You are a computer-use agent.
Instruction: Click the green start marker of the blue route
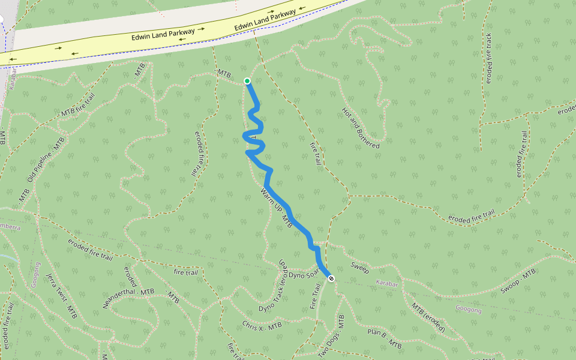247,81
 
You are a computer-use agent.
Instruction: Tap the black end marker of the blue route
331,278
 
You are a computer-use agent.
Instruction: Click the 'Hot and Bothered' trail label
360,128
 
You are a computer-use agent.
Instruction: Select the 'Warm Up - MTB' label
277,208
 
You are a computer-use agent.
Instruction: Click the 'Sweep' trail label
360,268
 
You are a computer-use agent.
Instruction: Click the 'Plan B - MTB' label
384,338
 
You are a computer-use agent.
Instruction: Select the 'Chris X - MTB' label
262,326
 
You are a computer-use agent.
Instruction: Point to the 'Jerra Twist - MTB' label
62,295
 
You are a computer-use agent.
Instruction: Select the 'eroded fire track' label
488,58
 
